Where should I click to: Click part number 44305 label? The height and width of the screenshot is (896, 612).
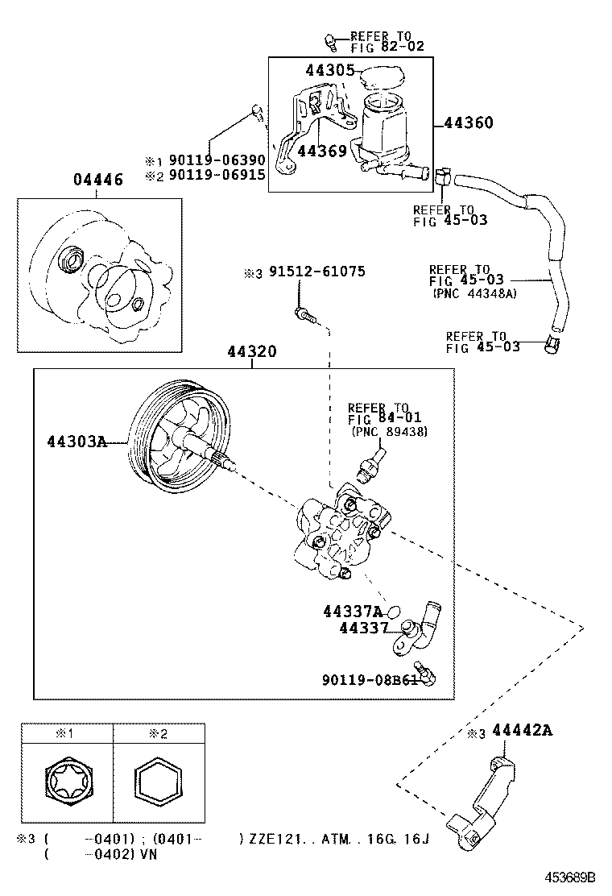click(330, 71)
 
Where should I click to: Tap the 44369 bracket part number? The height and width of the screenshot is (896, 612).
click(321, 151)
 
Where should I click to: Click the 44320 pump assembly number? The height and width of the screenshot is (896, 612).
click(251, 352)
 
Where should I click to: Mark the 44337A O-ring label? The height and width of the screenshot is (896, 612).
click(353, 612)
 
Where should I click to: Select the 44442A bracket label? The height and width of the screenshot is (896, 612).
click(522, 731)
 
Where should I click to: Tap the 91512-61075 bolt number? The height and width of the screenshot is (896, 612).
click(316, 272)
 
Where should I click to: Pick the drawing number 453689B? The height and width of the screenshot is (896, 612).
click(567, 877)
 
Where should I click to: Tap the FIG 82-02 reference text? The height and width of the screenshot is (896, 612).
click(387, 48)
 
